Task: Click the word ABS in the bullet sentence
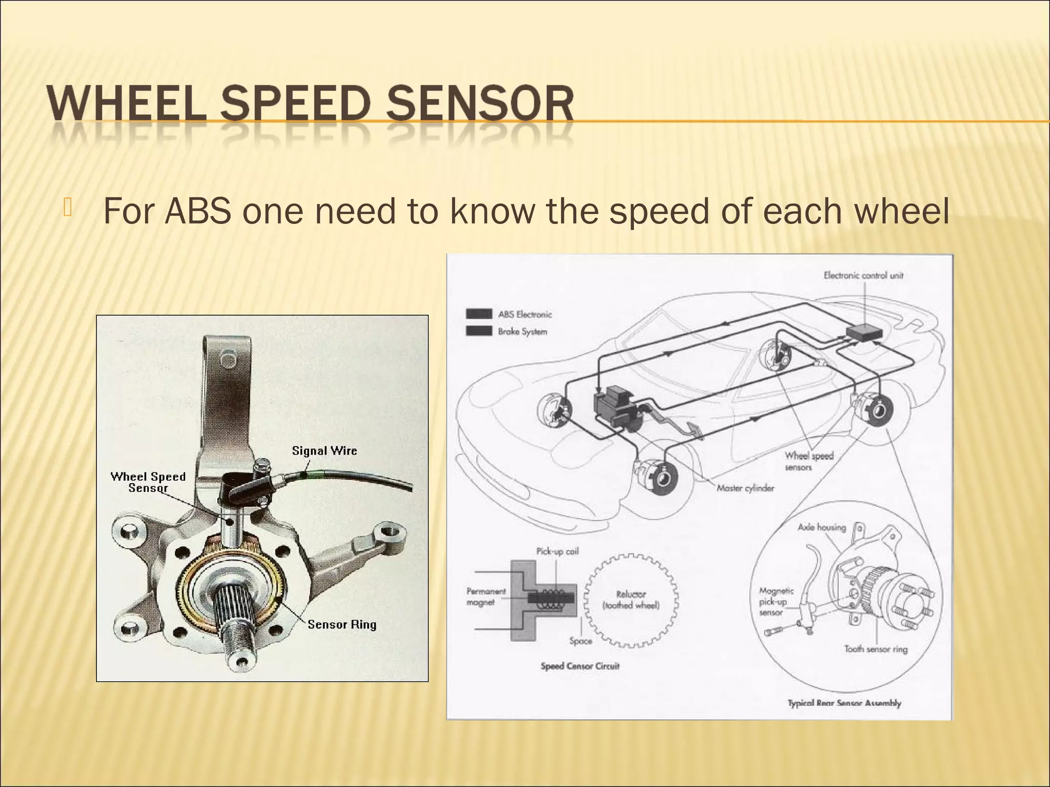pos(197,211)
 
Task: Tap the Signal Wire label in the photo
pos(324,451)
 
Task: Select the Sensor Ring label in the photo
pos(342,625)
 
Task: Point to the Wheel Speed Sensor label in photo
pos(148,482)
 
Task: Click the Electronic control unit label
pos(863,276)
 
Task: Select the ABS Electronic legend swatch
pos(479,314)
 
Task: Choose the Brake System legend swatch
pos(479,331)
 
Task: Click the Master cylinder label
pos(745,488)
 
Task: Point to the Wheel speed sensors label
pos(809,461)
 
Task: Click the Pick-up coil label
pos(557,551)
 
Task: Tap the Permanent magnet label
pos(486,596)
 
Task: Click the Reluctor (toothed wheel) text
pos(631,600)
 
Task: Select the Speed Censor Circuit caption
pos(580,666)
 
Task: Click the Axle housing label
pos(821,527)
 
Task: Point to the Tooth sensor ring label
pos(876,649)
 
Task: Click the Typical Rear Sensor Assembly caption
pos(844,703)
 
